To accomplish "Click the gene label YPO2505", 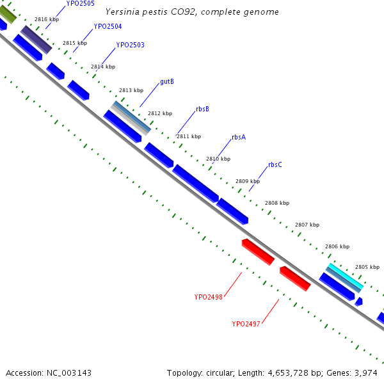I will coord(81,3).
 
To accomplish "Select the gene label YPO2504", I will coord(108,27).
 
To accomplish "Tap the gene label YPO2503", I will coord(130,45).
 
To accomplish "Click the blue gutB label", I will coord(167,82).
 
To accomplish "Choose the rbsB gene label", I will coord(202,109).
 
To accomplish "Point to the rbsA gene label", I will coord(239,138).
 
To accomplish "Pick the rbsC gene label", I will coord(275,165).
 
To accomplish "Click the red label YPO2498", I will coord(209,297).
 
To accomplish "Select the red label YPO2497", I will coord(246,324).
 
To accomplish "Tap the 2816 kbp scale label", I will coord(47,20).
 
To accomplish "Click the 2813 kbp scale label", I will coord(131,90).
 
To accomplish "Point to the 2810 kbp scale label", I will coord(218,159).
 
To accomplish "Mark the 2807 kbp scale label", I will coord(307,225).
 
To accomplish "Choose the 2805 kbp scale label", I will coord(367,267).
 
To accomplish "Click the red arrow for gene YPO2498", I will coord(258,252).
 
